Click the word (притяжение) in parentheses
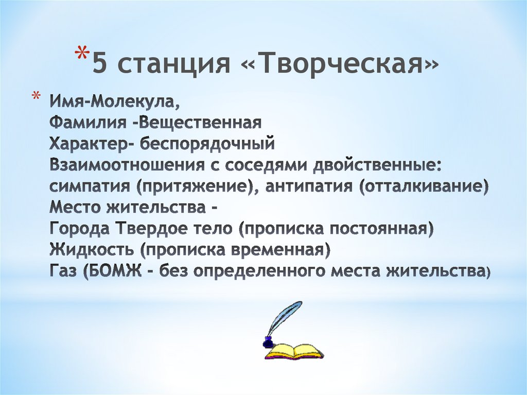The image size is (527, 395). click(197, 187)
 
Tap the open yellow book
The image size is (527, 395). click(293, 352)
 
